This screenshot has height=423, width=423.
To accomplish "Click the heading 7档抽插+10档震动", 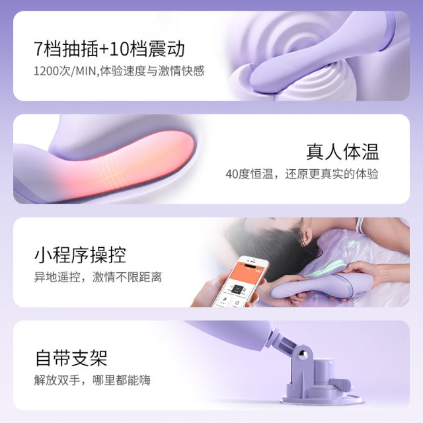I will [x=109, y=48].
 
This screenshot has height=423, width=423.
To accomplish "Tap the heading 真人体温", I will [x=342, y=151].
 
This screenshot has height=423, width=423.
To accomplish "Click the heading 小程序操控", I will [x=80, y=254].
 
